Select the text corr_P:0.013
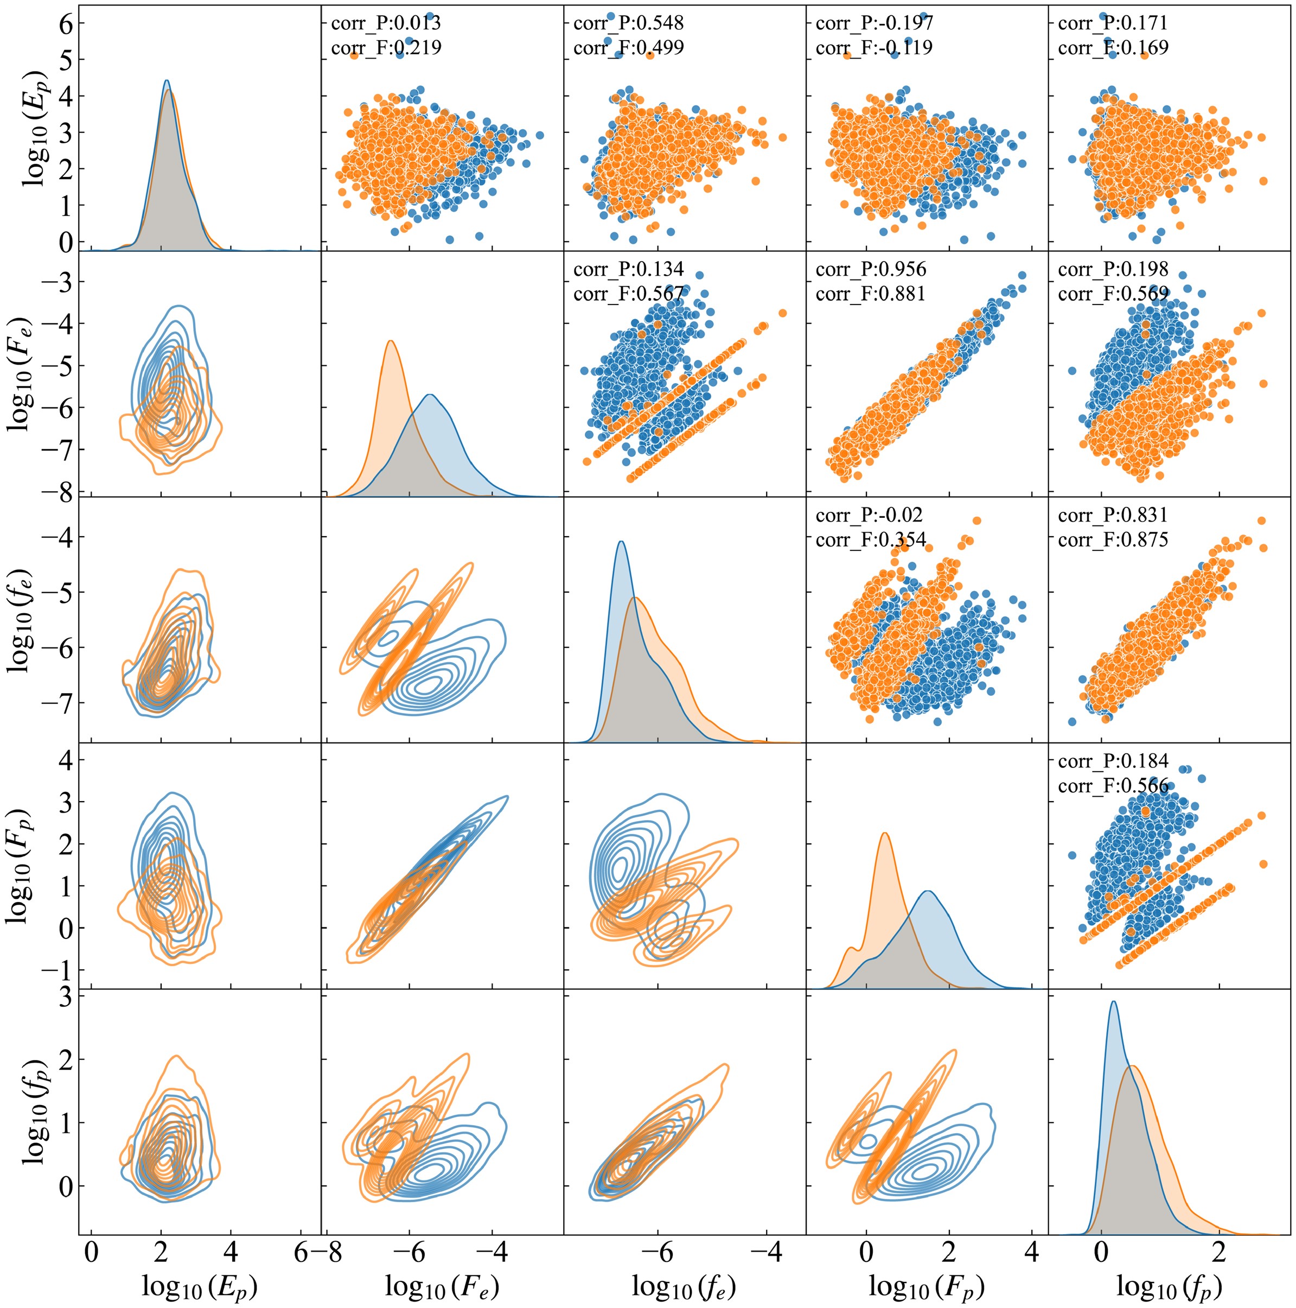pyautogui.click(x=386, y=24)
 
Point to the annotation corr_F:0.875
pyautogui.click(x=1113, y=540)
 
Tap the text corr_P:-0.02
pyautogui.click(x=869, y=516)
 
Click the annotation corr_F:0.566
pyautogui.click(x=1113, y=786)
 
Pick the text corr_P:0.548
pyautogui.click(x=628, y=24)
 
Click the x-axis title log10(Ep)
pyautogui.click(x=199, y=1281)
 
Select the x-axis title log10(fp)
pyautogui.click(x=1169, y=1281)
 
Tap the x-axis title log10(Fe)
pyautogui.click(x=442, y=1281)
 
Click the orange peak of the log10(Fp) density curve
pyautogui.click(x=885, y=834)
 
